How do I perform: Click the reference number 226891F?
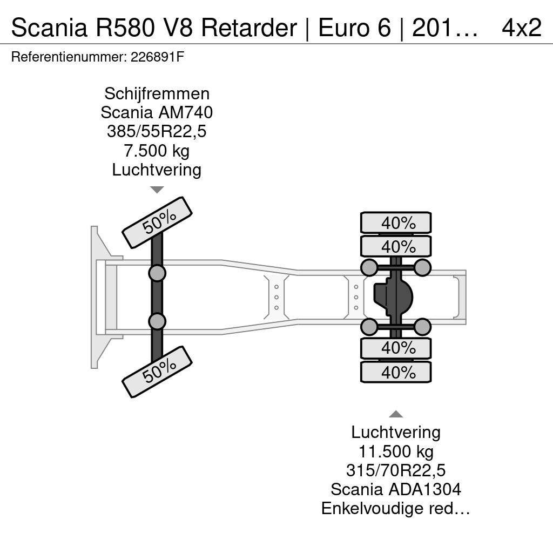pyautogui.click(x=157, y=57)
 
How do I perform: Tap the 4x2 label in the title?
pyautogui.click(x=522, y=28)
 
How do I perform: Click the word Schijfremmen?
pyautogui.click(x=157, y=94)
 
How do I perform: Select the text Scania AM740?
pyautogui.click(x=157, y=112)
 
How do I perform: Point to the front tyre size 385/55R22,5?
pyautogui.click(x=157, y=132)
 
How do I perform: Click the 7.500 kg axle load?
pyautogui.click(x=157, y=151)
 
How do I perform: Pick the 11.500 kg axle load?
pyautogui.click(x=396, y=451)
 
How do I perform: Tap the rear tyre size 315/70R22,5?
pyautogui.click(x=396, y=470)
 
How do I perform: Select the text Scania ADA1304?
pyautogui.click(x=396, y=489)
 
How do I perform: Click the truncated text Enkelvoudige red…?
pyautogui.click(x=396, y=509)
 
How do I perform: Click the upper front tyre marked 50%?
pyautogui.click(x=157, y=222)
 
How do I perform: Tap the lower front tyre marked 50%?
pyautogui.click(x=157, y=372)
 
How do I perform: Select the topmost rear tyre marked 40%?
pyautogui.click(x=396, y=223)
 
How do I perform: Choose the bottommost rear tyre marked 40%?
pyautogui.click(x=396, y=372)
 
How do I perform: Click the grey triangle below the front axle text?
pyautogui.click(x=157, y=190)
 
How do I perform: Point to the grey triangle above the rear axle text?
pyautogui.click(x=396, y=414)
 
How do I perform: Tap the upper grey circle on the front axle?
pyautogui.click(x=157, y=273)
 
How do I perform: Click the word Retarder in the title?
pyautogui.click(x=249, y=28)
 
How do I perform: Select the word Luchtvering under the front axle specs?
pyautogui.click(x=157, y=170)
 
